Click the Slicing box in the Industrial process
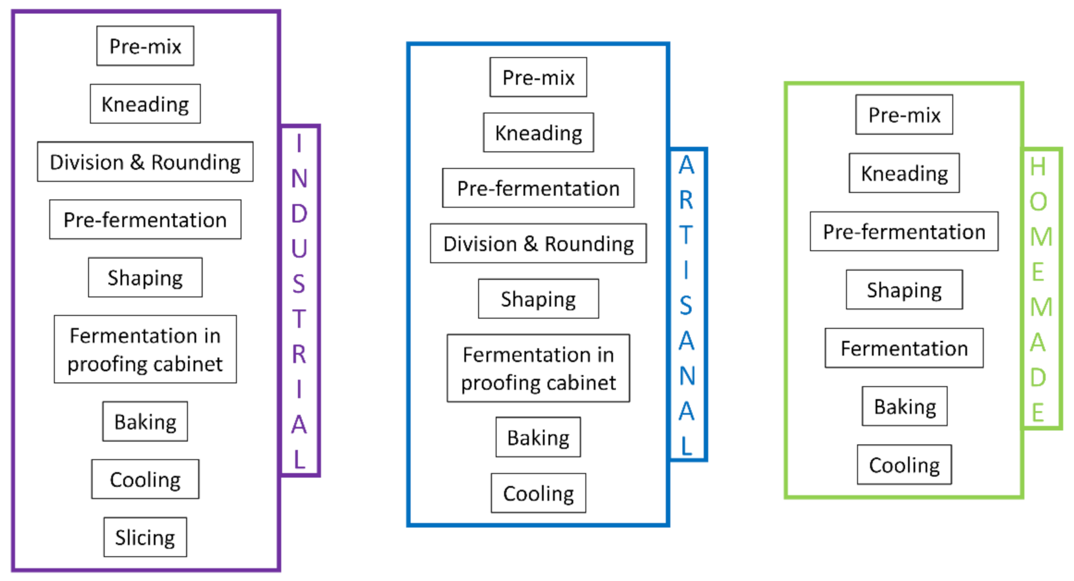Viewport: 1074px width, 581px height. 145,537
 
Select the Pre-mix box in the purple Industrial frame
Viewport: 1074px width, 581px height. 145,46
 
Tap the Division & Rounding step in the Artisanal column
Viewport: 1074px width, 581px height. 538,243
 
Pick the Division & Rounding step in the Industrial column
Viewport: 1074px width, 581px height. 145,162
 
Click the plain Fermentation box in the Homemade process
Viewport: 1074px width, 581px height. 904,348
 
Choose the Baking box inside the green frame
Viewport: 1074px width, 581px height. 904,406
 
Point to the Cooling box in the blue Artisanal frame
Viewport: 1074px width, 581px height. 538,493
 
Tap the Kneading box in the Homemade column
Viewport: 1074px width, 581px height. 904,173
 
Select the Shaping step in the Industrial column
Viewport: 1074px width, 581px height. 145,277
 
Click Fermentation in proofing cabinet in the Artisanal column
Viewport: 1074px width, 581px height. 538,368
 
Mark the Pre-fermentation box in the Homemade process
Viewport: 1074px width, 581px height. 904,231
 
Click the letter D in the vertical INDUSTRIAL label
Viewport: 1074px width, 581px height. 299,213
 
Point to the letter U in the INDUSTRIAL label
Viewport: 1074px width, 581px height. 299,248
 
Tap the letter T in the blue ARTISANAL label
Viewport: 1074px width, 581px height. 686,235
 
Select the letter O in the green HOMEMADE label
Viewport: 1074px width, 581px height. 1038,201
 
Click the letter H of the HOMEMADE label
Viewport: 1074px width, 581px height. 1038,166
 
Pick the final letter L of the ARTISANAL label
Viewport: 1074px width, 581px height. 686,446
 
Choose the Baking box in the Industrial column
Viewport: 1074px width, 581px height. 145,421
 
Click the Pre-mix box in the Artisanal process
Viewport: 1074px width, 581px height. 538,77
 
